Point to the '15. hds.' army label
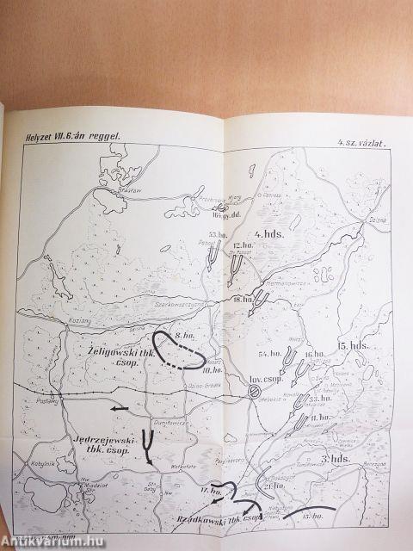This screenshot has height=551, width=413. click(x=354, y=345)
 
